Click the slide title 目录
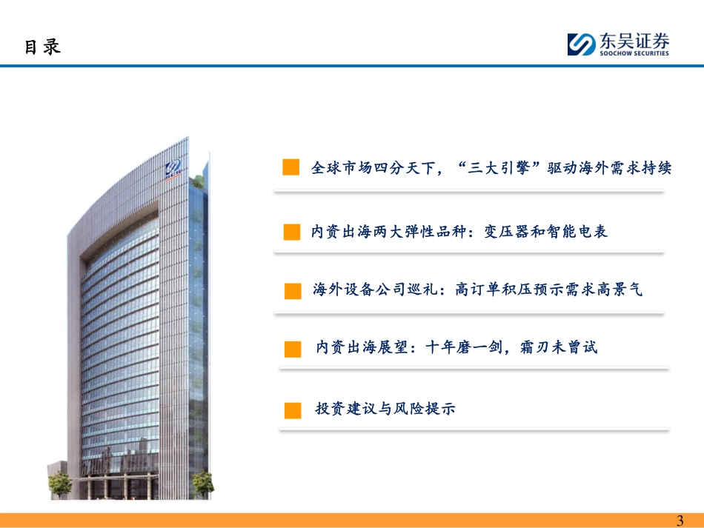42,47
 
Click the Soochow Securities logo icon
582,44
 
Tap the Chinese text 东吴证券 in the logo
634,41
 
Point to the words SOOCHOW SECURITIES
634,53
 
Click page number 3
680,521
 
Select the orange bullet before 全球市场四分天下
291,167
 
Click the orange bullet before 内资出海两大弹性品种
292,232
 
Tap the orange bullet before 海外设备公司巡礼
293,291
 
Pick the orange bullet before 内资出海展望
293,349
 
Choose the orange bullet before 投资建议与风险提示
293,410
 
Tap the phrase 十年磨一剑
464,347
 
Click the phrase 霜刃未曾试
559,347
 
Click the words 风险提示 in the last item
425,408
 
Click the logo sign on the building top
173,168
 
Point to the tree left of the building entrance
60,484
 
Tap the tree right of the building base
203,484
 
